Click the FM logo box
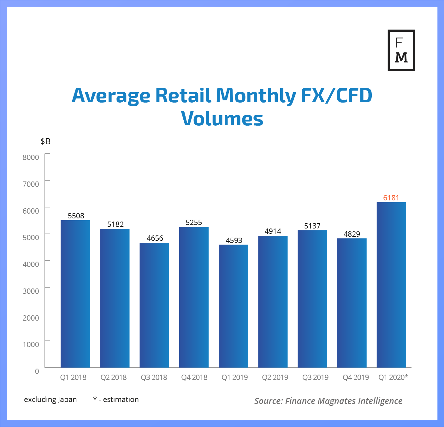click(401, 50)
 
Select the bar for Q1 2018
click(75, 294)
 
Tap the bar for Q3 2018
click(154, 305)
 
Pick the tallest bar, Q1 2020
click(391, 285)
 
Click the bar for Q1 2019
click(233, 306)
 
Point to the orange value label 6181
click(391, 198)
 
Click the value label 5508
click(76, 216)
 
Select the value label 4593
click(234, 240)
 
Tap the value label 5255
click(194, 222)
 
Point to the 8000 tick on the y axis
click(31, 157)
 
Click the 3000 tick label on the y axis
click(31, 291)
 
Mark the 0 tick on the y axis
click(37, 371)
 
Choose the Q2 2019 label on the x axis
click(275, 377)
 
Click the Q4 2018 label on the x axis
click(194, 377)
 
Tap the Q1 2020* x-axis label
click(393, 377)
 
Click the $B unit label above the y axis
click(45, 141)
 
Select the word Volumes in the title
click(222, 119)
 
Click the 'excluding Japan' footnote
click(50, 400)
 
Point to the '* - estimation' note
click(116, 400)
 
